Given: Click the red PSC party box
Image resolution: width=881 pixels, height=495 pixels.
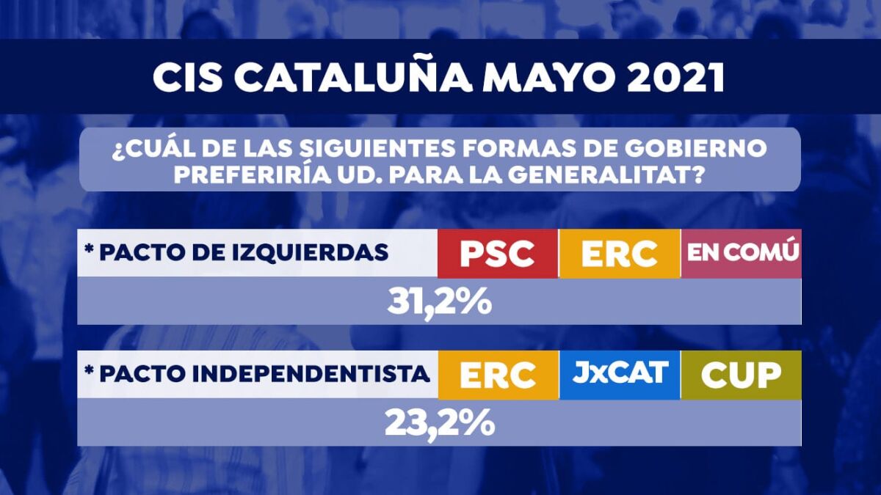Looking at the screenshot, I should (497, 254).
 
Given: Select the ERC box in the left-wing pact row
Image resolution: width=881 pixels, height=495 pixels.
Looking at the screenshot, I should (619, 254).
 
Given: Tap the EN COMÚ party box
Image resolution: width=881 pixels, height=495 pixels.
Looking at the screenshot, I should (742, 254).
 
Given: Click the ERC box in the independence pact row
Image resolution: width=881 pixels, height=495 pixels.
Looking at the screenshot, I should (498, 375).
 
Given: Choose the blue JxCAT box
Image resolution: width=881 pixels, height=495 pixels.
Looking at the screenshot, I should (620, 373).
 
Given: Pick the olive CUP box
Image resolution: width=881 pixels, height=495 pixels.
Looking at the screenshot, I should (741, 375).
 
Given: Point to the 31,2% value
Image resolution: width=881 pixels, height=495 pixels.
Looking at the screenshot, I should (439, 302).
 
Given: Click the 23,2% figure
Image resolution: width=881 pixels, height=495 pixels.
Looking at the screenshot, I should (439, 422).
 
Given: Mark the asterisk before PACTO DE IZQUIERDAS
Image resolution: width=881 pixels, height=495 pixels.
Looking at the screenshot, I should (89, 251).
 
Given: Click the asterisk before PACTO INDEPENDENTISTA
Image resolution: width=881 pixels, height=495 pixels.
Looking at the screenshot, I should (89, 372).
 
